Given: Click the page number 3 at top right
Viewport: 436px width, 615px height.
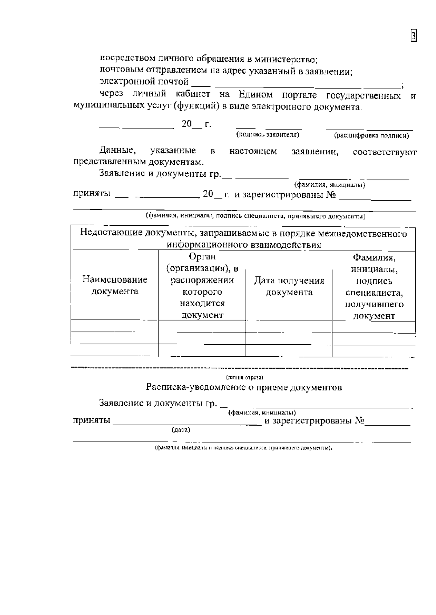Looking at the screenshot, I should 413,36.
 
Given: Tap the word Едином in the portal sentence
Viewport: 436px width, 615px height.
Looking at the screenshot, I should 256,95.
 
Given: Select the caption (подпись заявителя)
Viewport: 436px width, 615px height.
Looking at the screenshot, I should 267,135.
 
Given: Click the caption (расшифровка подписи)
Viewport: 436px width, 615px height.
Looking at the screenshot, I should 371,136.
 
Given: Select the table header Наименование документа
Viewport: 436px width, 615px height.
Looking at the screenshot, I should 115,286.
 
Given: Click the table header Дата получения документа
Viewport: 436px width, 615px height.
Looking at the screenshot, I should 289,286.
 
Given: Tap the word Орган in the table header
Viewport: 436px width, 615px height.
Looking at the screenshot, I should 202,257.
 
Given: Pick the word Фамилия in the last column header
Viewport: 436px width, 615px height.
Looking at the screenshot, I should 374,258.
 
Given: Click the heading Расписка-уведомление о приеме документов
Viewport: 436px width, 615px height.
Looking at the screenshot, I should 244,387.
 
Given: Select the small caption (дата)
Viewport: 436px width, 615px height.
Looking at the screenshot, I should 181,430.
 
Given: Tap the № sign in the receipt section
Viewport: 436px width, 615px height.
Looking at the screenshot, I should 359,421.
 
